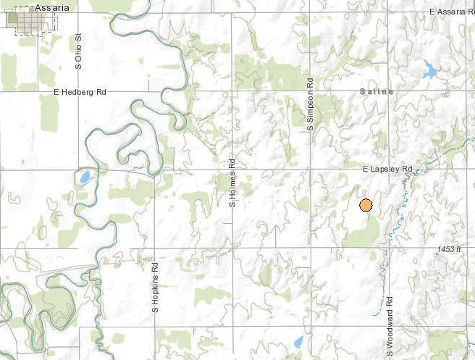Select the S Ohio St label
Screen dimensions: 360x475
79,51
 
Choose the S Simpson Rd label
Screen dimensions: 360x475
309,104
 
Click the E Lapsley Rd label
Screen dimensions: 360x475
387,169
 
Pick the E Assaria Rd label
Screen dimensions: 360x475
451,11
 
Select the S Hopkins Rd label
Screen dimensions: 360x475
155,288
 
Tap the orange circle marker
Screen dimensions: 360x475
366,206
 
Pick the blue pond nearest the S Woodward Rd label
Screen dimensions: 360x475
299,341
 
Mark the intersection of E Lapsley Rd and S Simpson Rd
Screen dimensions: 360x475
309,169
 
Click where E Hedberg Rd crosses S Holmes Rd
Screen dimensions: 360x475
233,92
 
